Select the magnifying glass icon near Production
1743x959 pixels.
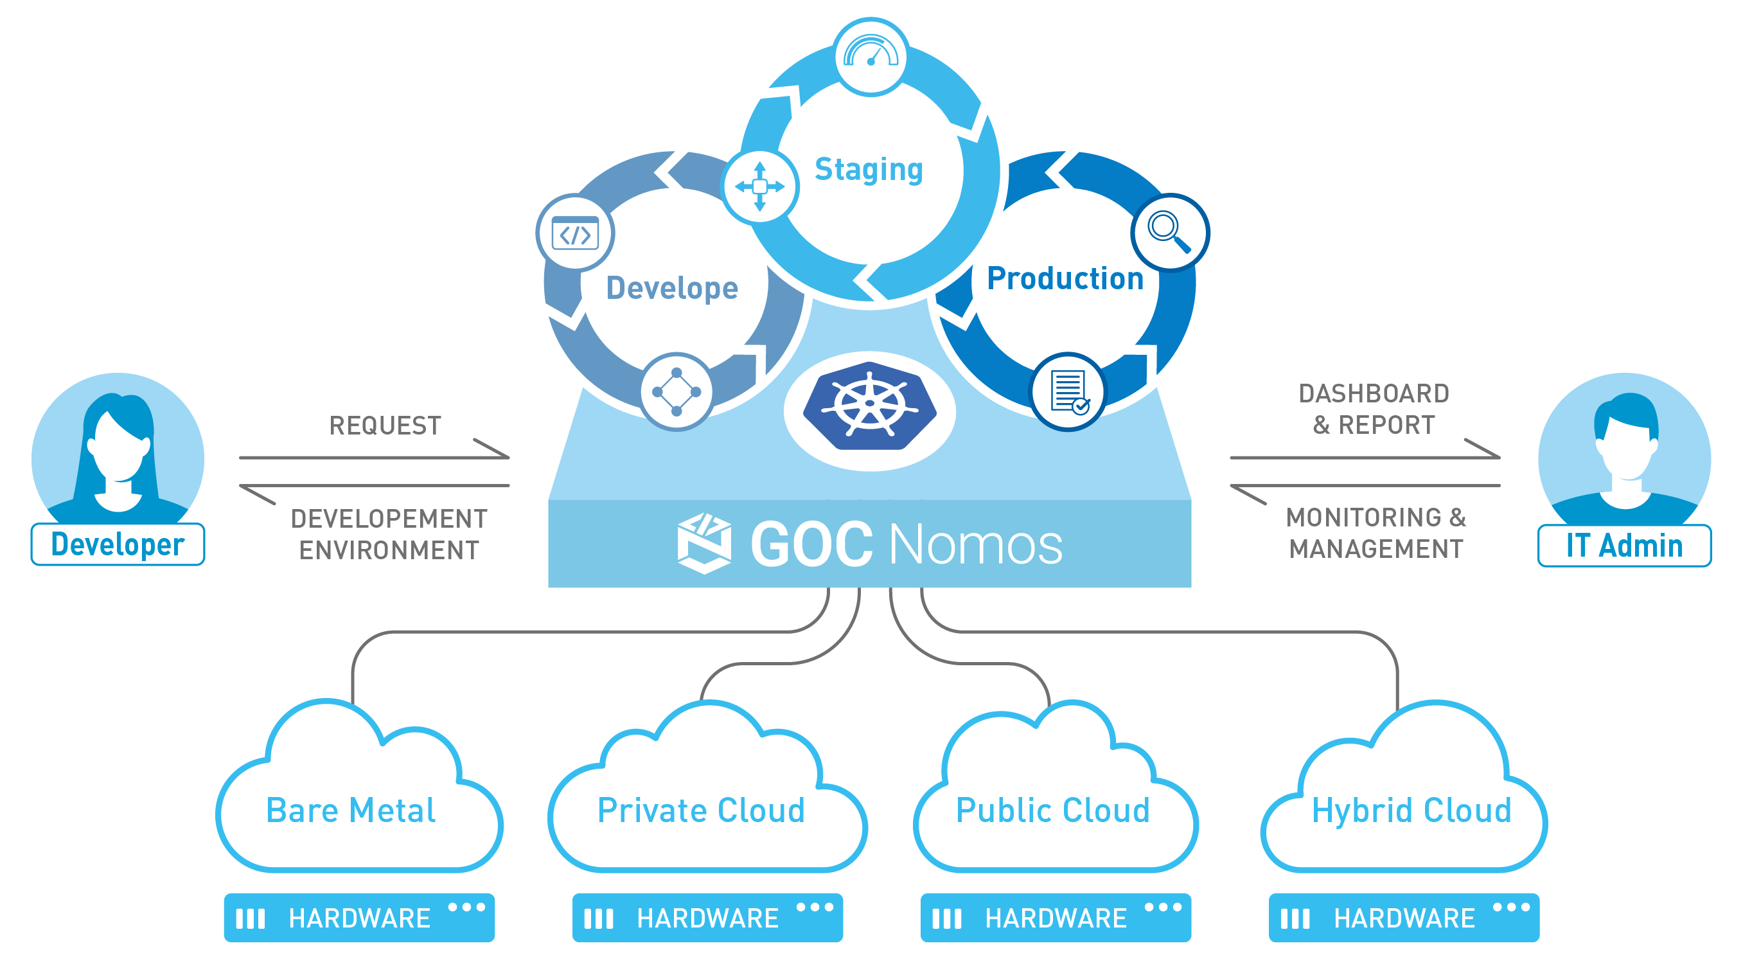click(x=1169, y=232)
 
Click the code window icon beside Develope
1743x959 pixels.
click(x=575, y=233)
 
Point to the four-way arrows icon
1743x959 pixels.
click(x=760, y=186)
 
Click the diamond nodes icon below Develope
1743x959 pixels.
click(x=677, y=392)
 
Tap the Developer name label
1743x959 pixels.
click(x=118, y=544)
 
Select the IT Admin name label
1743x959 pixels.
click(x=1624, y=546)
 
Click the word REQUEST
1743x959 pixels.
click(x=385, y=426)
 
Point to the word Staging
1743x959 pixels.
click(x=869, y=170)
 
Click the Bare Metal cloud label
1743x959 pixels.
click(x=351, y=810)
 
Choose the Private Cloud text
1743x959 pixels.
click(x=702, y=810)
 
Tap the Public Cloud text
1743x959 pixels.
click(x=1053, y=810)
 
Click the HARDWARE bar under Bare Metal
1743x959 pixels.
click(x=359, y=918)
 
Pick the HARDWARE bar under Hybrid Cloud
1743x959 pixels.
click(x=1404, y=918)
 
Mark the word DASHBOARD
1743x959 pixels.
click(x=1374, y=393)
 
